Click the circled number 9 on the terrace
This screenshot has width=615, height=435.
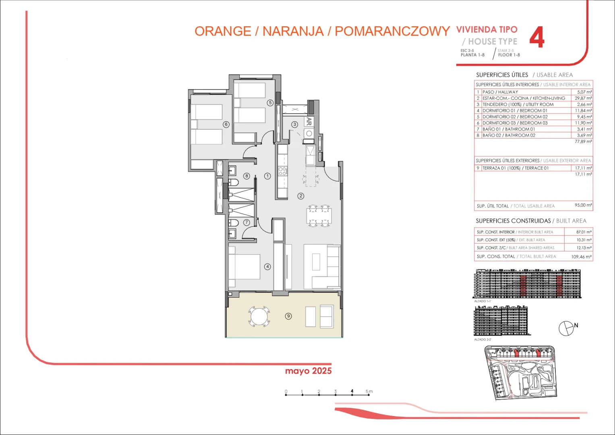point(288,316)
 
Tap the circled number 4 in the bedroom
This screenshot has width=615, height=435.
point(267,267)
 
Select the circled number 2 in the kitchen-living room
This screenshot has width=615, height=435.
point(301,196)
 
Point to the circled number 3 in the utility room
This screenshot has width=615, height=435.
point(295,124)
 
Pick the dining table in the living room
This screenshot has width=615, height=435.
point(319,216)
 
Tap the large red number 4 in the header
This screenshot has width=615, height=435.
point(536,38)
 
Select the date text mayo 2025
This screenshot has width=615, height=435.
point(308,371)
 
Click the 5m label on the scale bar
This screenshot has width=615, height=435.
point(369,391)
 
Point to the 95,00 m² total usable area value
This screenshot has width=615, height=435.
point(583,205)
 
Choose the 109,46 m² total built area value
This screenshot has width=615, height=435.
point(581,257)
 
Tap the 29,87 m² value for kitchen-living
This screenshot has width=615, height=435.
point(583,98)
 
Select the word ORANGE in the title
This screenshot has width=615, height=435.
point(223,31)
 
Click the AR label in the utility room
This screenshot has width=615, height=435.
point(309,121)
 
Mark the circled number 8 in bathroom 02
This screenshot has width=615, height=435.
point(247,176)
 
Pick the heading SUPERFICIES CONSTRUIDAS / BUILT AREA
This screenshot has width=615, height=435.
point(531,221)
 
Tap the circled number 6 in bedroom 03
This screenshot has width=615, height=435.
point(226,124)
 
